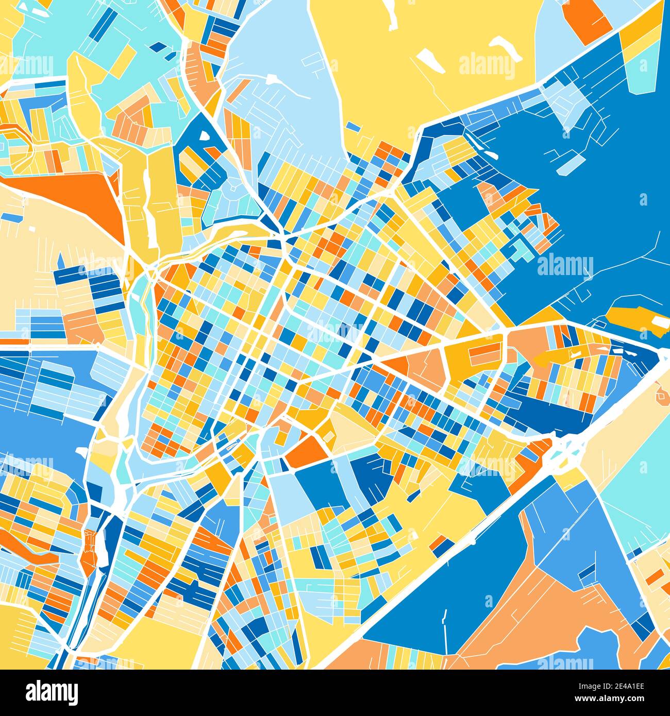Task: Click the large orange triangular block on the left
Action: [x=77, y=196]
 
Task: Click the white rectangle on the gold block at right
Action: [x=659, y=322]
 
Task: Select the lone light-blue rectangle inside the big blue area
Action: [x=571, y=164]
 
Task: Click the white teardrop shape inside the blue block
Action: [x=204, y=135]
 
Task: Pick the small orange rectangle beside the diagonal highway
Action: [x=440, y=544]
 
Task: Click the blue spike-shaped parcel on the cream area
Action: [x=61, y=260]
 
